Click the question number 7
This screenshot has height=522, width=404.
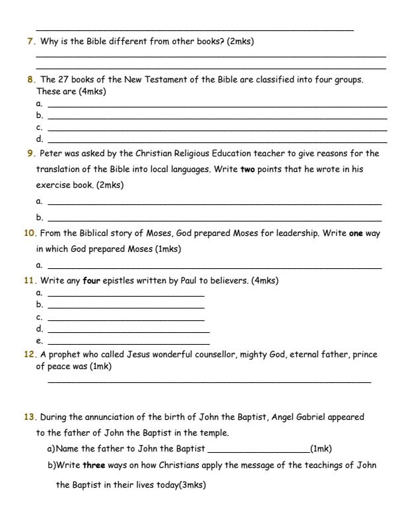pos(30,42)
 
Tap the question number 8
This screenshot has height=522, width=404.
pos(30,80)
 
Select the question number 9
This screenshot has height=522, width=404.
pos(30,154)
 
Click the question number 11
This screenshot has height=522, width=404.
pos(30,281)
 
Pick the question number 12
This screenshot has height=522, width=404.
pos(30,355)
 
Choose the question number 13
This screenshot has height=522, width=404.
pos(30,417)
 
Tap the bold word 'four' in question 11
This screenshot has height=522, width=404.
pos(91,281)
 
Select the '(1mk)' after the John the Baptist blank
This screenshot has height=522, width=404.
pos(321,449)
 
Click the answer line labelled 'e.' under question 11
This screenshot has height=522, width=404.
pos(129,343)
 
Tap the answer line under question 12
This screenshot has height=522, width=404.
pos(209,382)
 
